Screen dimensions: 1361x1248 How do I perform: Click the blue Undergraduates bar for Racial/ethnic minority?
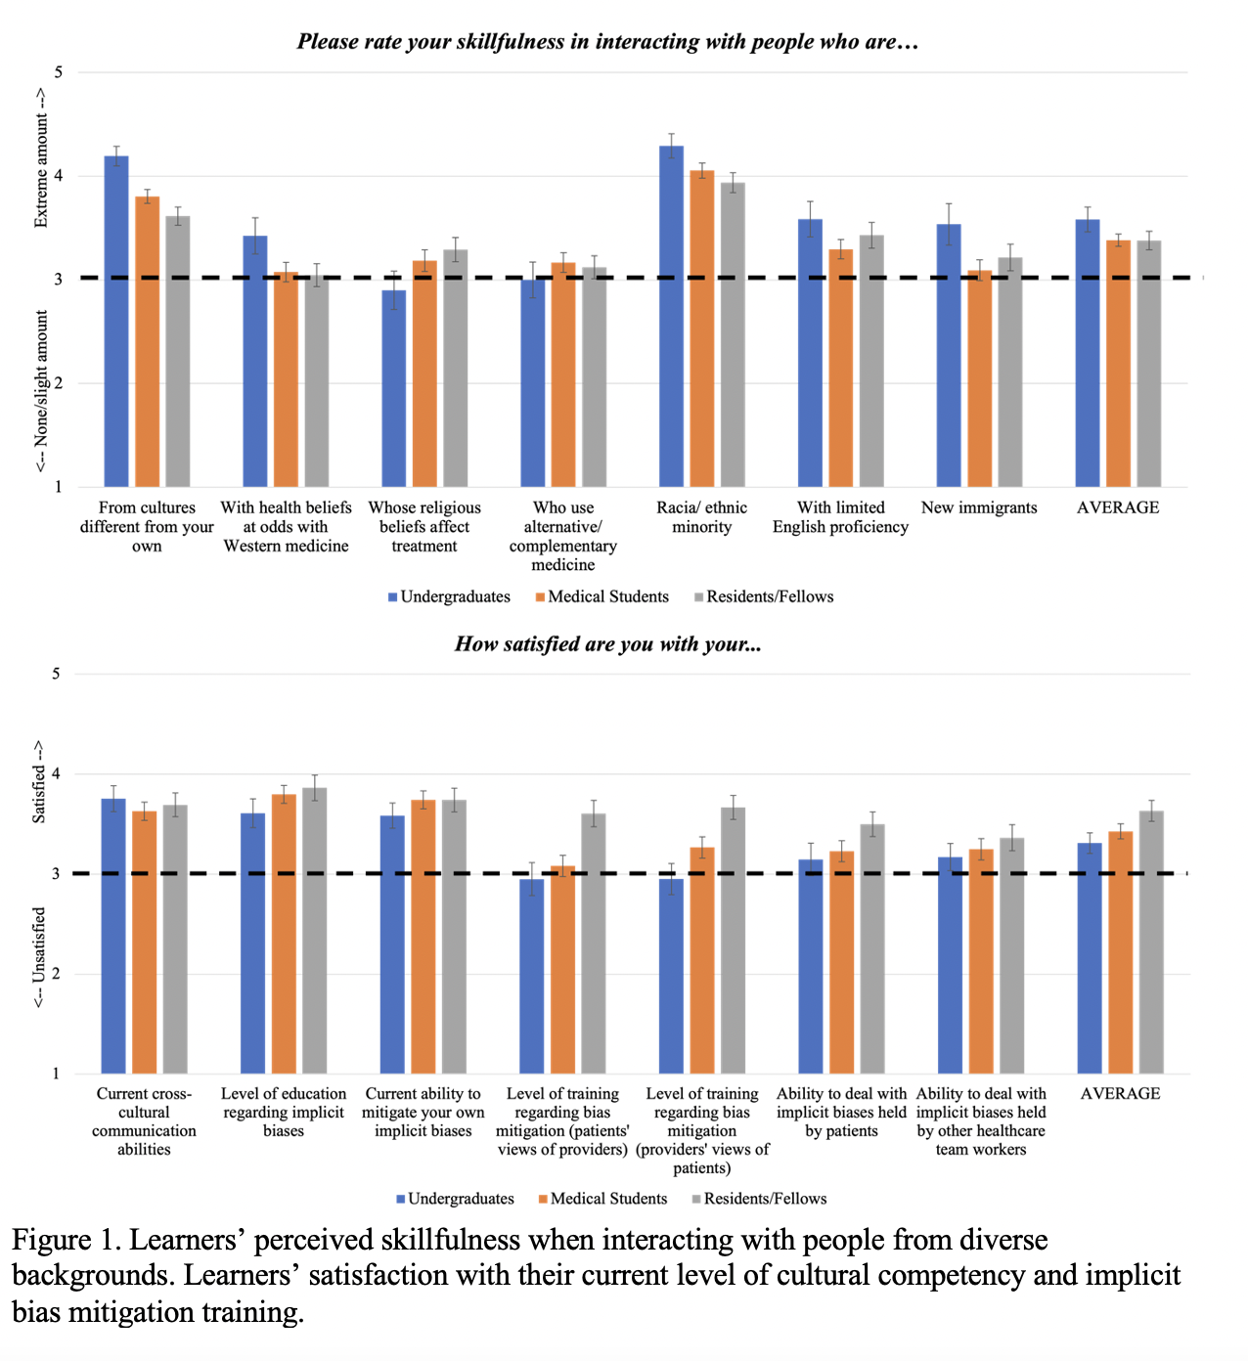[x=671, y=317]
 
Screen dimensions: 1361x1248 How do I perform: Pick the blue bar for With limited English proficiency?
[x=810, y=353]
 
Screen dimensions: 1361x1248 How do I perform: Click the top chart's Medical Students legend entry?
[x=602, y=597]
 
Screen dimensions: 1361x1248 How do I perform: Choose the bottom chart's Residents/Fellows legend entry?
[x=759, y=1199]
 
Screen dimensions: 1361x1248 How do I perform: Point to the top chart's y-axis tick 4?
[x=59, y=176]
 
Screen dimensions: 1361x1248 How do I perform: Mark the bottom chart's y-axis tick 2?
[x=56, y=974]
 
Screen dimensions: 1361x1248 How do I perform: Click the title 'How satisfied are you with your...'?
[x=607, y=644]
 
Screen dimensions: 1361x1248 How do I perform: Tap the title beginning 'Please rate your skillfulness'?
[x=607, y=42]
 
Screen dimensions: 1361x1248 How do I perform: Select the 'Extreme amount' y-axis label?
[x=41, y=157]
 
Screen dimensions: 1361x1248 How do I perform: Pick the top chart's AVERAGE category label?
[x=1118, y=507]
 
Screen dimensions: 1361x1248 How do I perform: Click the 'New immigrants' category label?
[x=979, y=507]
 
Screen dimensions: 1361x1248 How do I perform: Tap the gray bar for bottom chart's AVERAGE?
[x=1151, y=943]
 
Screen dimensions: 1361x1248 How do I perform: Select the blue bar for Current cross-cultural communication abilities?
[x=113, y=937]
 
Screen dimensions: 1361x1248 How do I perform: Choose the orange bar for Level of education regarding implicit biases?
[x=284, y=935]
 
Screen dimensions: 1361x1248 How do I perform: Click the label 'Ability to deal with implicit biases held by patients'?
[x=841, y=1113]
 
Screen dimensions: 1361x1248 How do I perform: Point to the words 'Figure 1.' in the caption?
[x=66, y=1241]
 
